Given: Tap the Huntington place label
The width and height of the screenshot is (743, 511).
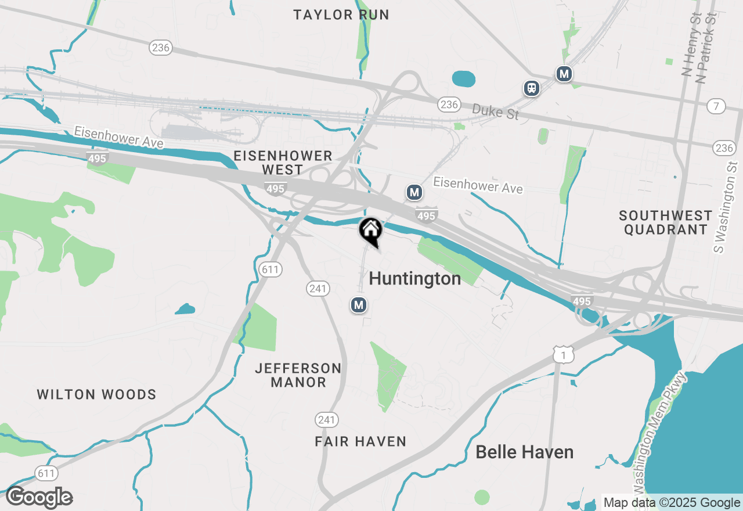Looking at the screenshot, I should (415, 279).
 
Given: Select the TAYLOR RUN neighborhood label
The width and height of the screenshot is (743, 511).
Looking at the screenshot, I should (341, 15).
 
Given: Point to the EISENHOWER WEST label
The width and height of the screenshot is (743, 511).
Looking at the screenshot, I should (283, 163).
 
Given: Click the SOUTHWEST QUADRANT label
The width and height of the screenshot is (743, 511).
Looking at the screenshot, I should (665, 222).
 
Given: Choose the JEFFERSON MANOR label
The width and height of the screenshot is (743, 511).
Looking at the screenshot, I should (298, 375).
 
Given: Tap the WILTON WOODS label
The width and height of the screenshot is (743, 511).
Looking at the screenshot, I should (97, 395).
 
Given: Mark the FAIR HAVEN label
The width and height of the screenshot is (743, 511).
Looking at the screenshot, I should (360, 442).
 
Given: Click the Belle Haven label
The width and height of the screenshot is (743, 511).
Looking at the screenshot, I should (525, 452).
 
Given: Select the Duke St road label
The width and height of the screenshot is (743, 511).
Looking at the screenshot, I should (495, 111).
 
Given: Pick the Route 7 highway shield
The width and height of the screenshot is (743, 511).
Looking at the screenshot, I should (716, 106).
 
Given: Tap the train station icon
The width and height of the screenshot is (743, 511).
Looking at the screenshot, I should (531, 88).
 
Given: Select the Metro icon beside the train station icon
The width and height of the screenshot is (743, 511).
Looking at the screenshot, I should (564, 74).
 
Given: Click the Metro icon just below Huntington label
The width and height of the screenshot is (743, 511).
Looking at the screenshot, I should (359, 305).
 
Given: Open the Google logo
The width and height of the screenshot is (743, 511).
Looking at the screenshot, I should (39, 498).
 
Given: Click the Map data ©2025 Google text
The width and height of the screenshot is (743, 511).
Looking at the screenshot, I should (672, 503).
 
